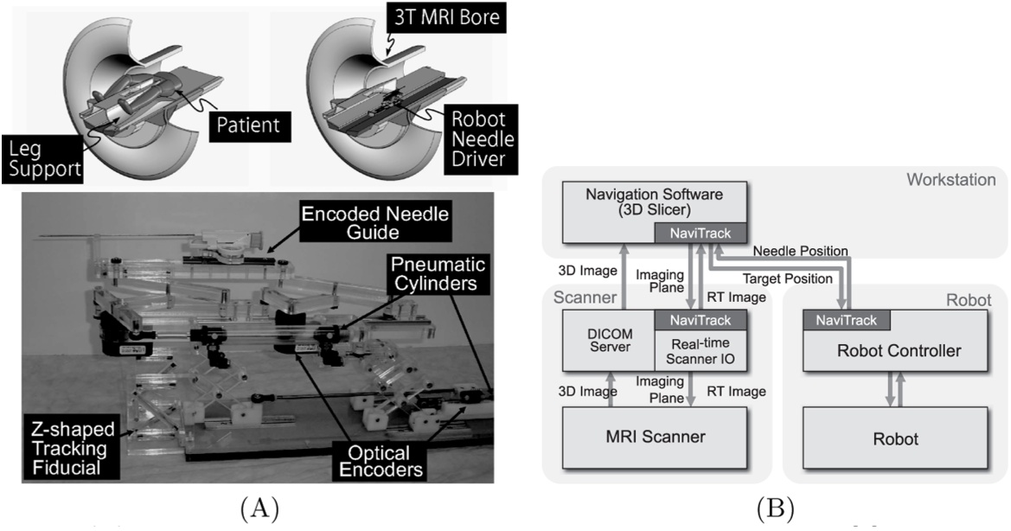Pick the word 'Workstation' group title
[x=950, y=180]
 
